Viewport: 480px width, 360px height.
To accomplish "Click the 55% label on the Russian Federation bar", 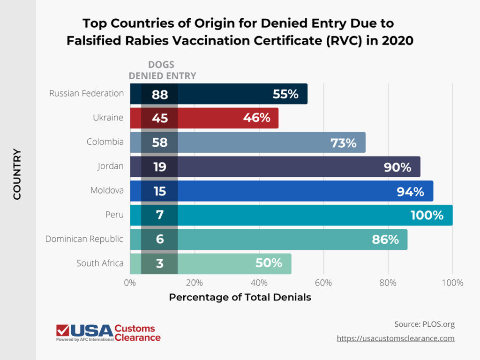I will tap(285, 94).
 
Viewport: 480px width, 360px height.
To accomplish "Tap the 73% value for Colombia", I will tap(344, 143).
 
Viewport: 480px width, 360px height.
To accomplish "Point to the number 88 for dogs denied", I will tap(160, 94).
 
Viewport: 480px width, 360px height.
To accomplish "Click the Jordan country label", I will tap(111, 166).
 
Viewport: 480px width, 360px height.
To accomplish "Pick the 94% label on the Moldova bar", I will tap(411, 191).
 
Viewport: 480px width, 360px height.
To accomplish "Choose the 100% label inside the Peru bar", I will tap(427, 216).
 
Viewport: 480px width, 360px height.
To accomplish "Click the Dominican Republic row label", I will tap(84, 239).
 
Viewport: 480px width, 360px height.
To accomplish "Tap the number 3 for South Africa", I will tap(160, 264).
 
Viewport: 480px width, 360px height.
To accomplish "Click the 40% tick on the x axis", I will tap(259, 283).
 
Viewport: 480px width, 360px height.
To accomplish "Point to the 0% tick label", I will tap(130, 283).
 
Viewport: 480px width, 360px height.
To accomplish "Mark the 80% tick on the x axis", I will tap(388, 283).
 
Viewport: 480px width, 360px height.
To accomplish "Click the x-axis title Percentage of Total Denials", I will tap(240, 298).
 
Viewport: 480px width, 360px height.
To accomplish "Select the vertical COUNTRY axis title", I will tap(17, 174).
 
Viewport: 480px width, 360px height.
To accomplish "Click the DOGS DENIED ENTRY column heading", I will tap(162, 70).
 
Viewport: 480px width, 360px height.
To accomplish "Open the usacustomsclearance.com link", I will tap(395, 338).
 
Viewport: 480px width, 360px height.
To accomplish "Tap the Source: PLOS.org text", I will tap(425, 324).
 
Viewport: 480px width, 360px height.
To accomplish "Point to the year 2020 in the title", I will tap(397, 41).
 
